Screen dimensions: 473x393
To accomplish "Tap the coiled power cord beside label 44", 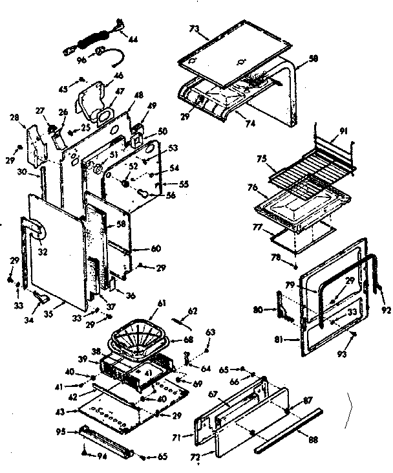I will coord(85,43).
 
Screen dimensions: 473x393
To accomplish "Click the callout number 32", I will coord(43,235).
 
